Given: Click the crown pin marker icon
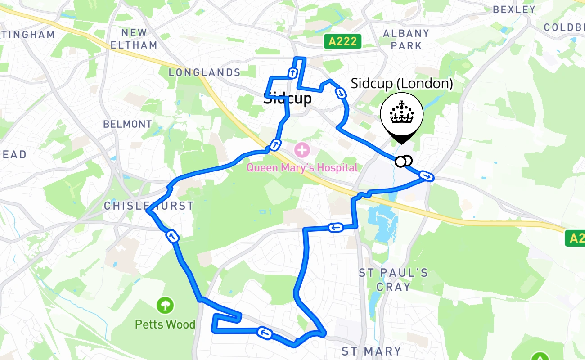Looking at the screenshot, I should [401, 115].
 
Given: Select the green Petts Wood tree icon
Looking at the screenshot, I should [166, 306].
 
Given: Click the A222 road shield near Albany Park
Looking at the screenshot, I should [343, 42].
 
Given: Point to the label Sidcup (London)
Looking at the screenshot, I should [401, 84].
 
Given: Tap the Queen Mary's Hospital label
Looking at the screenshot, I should [302, 168].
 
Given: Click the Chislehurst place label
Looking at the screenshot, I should [149, 206].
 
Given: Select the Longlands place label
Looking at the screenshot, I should [205, 72].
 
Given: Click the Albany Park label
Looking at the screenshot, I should [406, 39].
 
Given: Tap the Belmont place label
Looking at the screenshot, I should [128, 124].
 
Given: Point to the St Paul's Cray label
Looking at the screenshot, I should [393, 279].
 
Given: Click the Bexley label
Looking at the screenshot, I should [514, 9].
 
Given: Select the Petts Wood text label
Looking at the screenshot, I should [165, 324].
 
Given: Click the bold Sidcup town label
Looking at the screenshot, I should [288, 99].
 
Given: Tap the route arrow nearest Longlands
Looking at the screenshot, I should [293, 73].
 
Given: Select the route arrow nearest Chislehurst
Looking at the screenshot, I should [172, 236].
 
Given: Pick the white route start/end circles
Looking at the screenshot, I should [404, 161].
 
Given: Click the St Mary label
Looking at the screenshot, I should [371, 351].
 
